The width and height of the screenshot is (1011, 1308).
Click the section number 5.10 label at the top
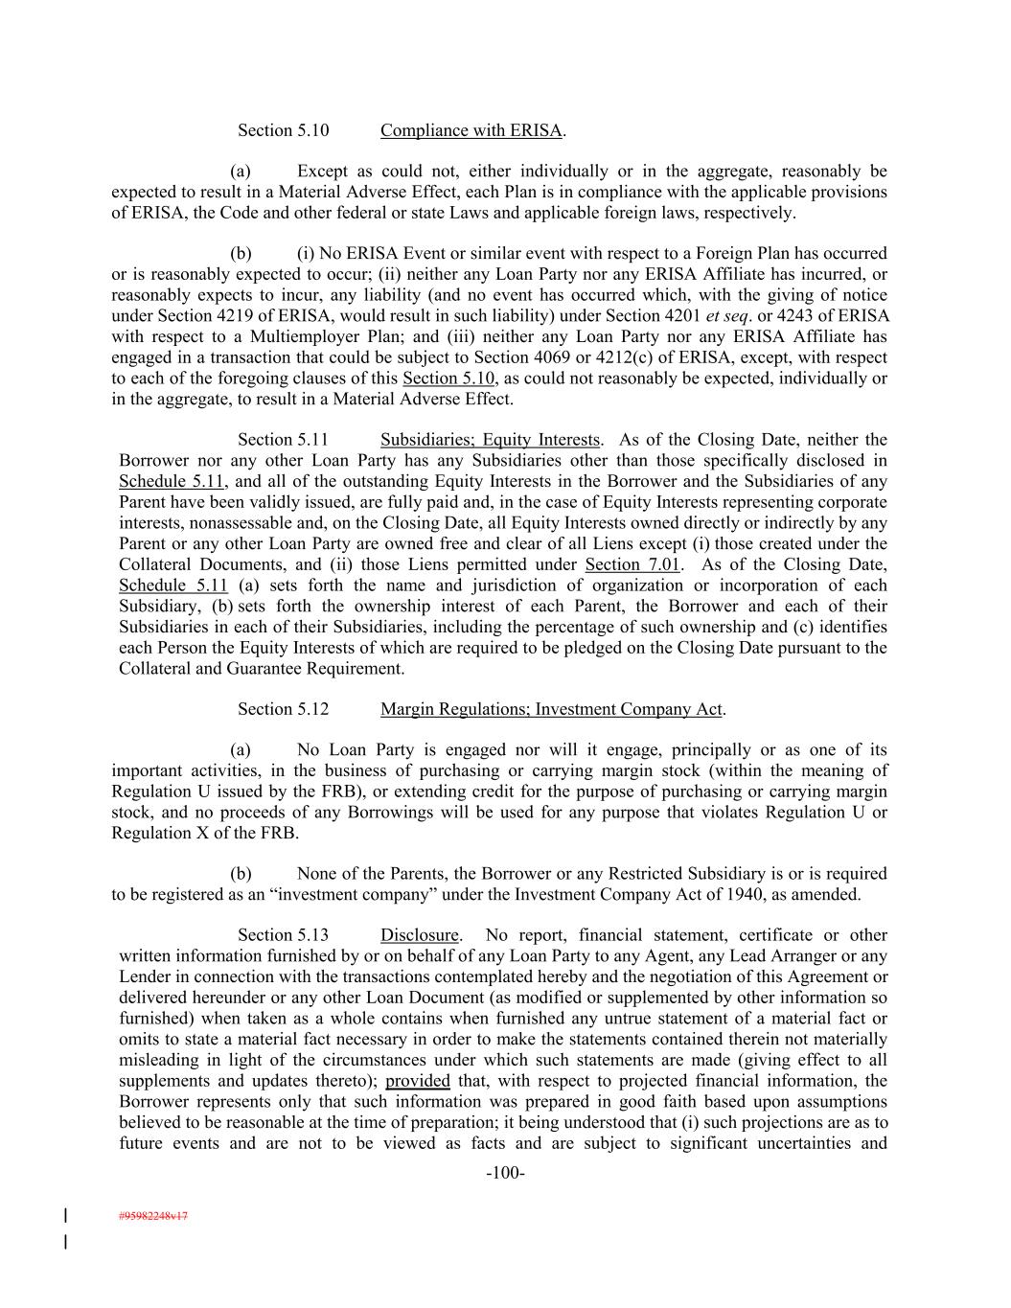click(x=284, y=130)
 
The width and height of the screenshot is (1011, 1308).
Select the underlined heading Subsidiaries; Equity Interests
click(x=490, y=440)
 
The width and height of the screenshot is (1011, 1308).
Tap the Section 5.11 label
click(x=284, y=440)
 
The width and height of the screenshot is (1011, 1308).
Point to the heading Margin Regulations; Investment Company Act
click(x=551, y=709)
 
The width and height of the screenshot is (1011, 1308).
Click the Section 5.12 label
click(x=284, y=709)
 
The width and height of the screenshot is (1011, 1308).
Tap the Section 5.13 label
click(x=284, y=935)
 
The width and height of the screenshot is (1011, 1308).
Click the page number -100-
click(x=505, y=1173)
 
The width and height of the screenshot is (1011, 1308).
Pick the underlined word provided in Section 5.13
click(x=418, y=1081)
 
